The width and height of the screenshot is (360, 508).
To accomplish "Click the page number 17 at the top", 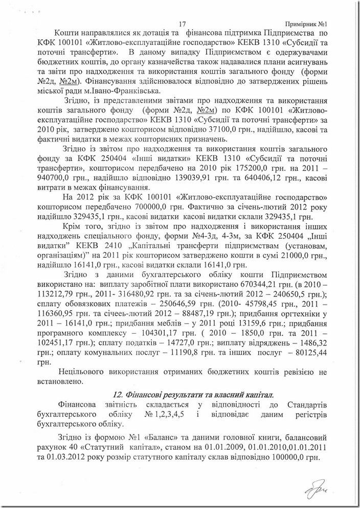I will point(183,24).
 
